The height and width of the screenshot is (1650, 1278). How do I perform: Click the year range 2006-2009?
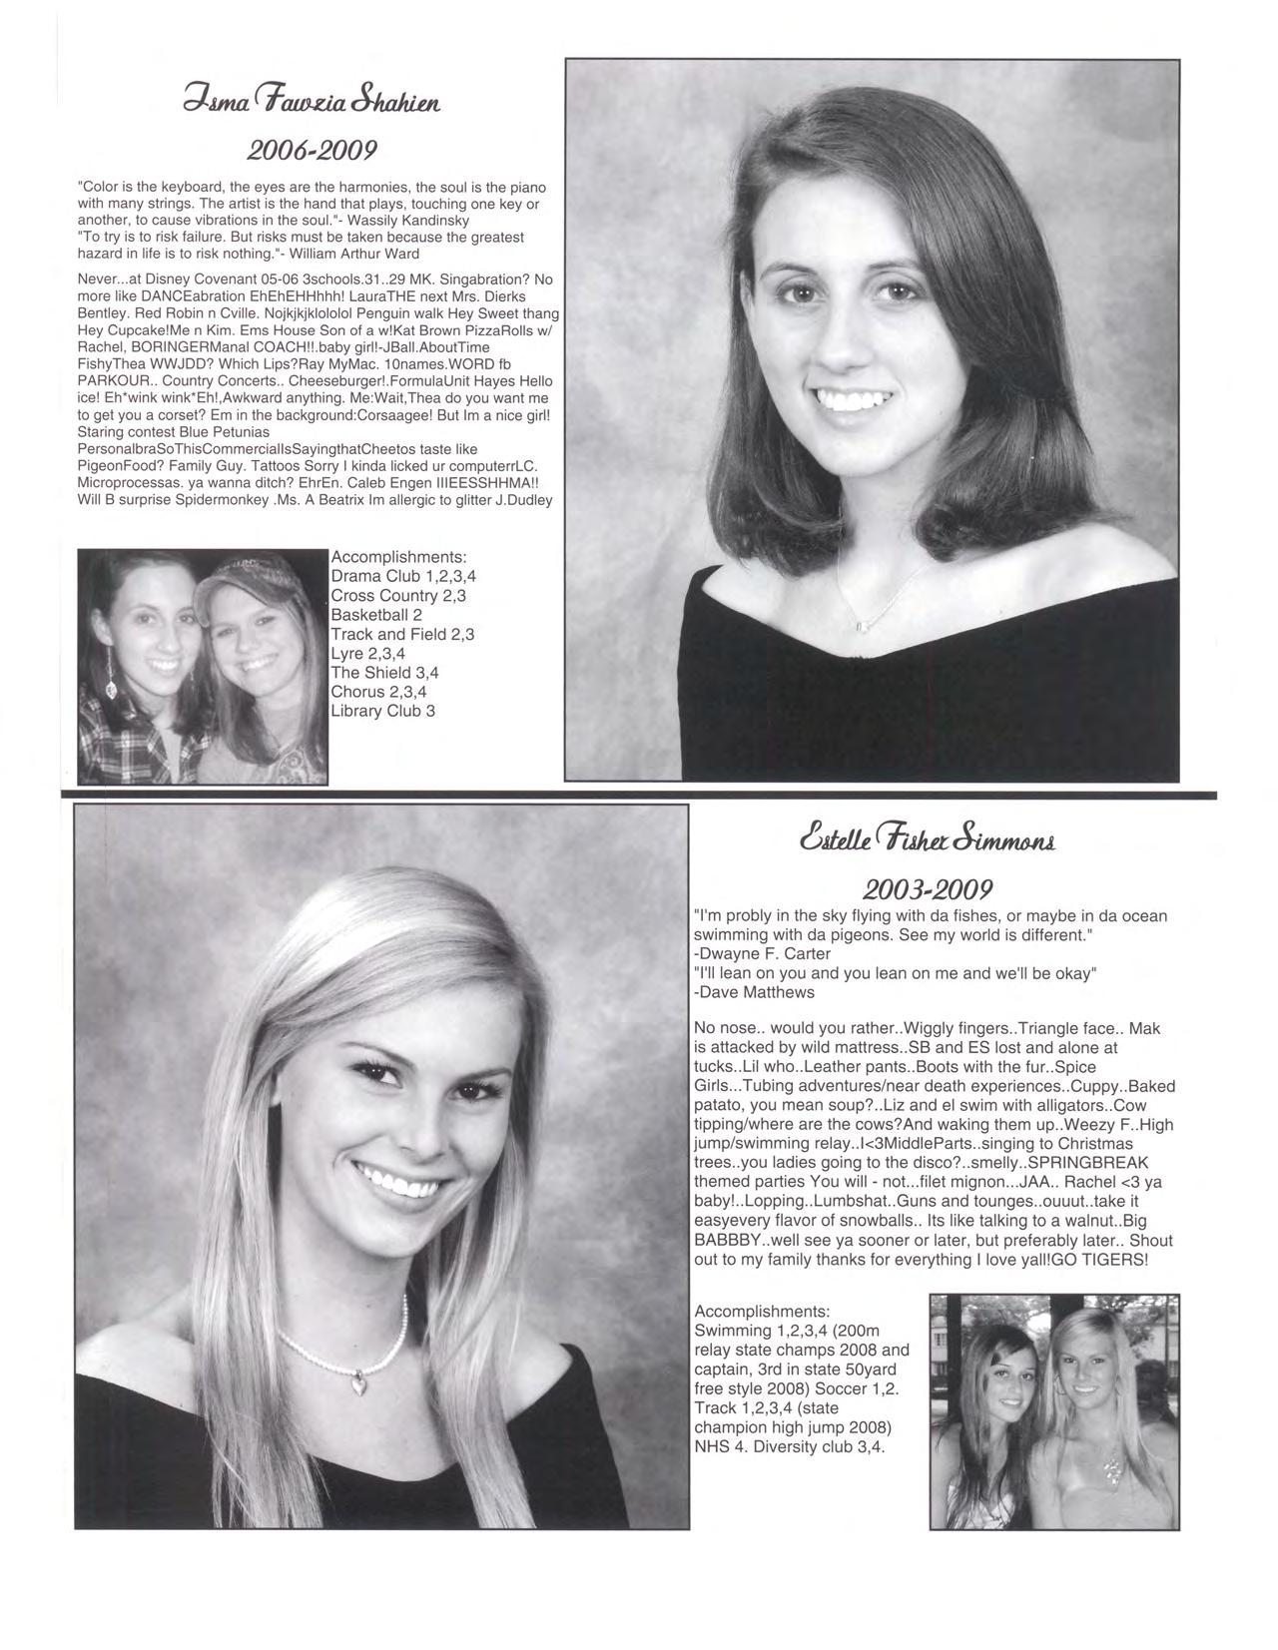[312, 150]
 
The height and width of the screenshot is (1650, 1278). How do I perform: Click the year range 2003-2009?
[928, 888]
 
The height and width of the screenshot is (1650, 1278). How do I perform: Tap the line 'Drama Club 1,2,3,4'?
[403, 576]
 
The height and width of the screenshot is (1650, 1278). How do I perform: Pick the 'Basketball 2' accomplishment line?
[376, 615]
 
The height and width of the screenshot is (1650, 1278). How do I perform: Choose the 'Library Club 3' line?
[382, 711]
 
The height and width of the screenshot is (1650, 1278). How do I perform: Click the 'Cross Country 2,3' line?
[398, 596]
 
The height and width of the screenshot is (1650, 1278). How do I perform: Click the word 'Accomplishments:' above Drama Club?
[398, 557]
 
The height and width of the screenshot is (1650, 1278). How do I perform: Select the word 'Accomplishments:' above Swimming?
[762, 1311]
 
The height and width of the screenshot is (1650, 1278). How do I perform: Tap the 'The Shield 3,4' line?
[384, 673]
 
